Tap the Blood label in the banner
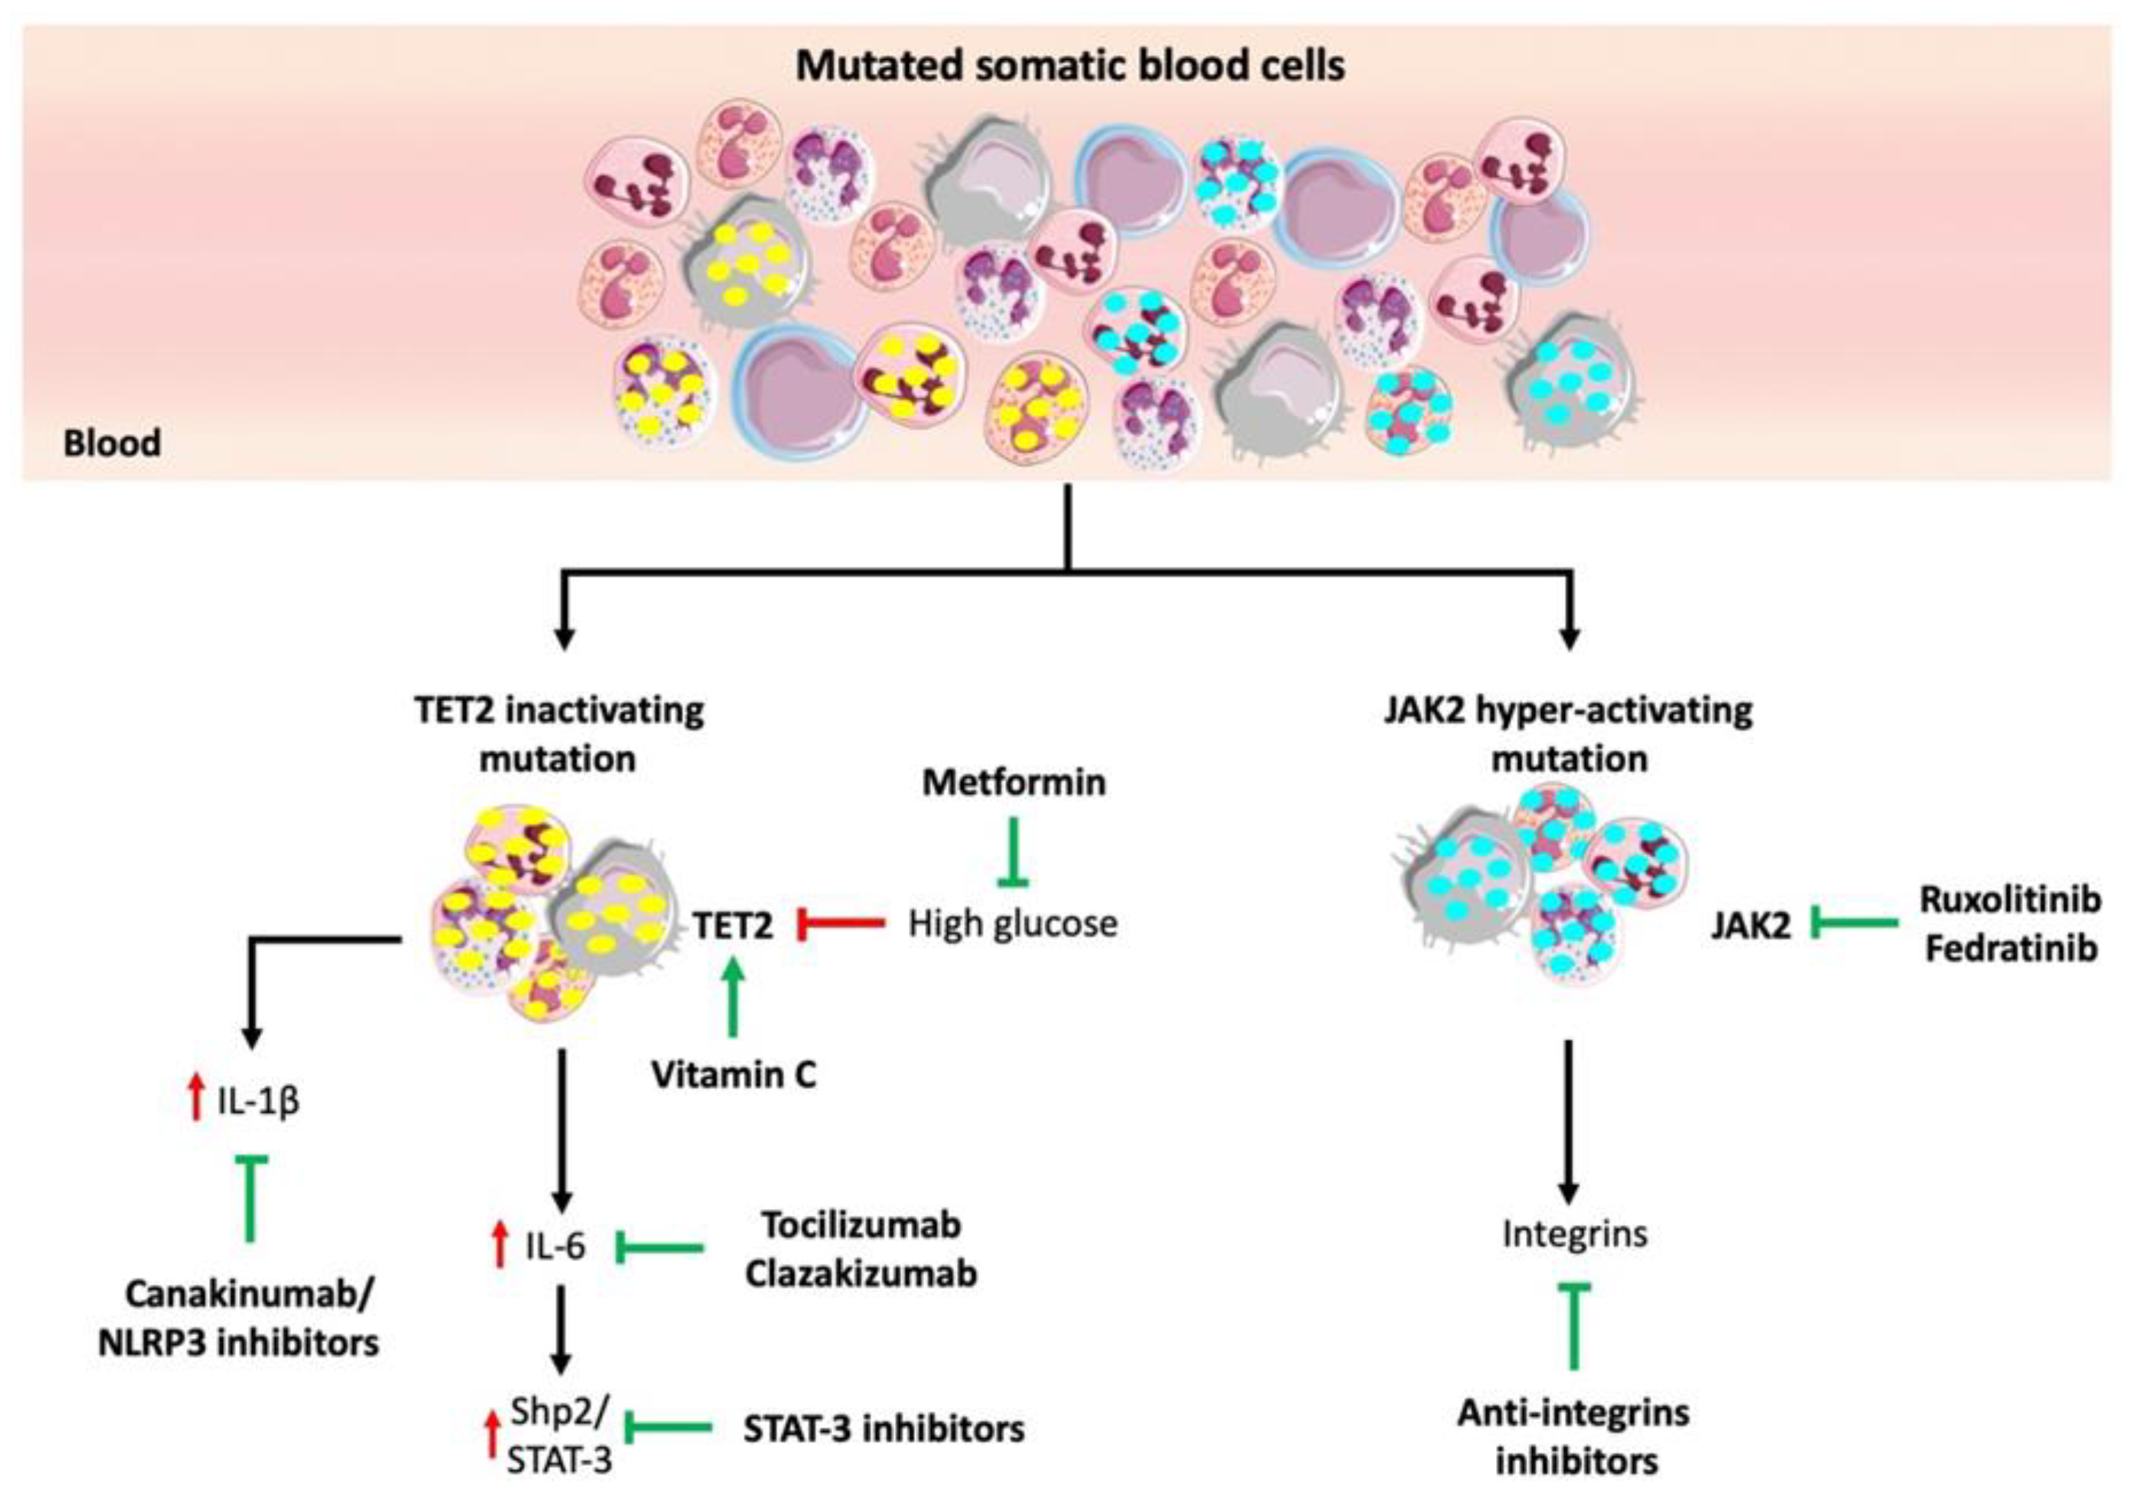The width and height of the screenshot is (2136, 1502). pos(111,443)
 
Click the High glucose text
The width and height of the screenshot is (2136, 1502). pos(1012,924)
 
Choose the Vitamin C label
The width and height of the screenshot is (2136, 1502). pos(733,1075)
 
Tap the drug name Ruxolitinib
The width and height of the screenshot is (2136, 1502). pos(2010,900)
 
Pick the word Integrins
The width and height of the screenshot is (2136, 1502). pos(1574,1234)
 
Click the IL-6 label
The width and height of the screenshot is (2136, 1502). pos(555,1246)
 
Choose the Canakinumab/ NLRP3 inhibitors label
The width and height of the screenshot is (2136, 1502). pos(239,1318)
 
